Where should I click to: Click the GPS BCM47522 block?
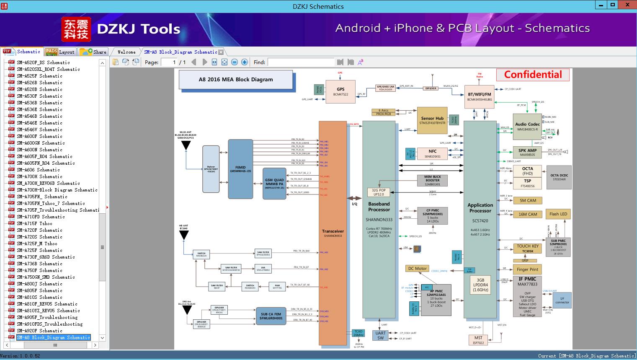tap(340, 91)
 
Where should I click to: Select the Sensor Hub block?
tap(432, 120)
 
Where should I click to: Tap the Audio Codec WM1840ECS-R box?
tap(527, 127)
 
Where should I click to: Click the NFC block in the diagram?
tap(432, 153)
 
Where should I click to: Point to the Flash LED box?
tap(558, 214)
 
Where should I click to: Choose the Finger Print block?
tap(527, 269)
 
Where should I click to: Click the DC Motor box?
tap(417, 269)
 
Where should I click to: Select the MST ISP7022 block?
tap(478, 340)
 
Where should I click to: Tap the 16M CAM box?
tap(528, 214)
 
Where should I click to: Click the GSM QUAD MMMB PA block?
tap(274, 184)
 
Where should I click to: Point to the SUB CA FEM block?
tap(271, 316)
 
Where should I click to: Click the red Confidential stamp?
tap(533, 75)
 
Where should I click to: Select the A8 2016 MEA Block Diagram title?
tap(236, 79)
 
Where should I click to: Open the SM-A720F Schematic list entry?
tap(39, 230)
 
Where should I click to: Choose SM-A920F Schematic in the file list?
tap(39, 331)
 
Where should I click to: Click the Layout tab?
tap(62, 52)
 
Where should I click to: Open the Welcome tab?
tap(126, 52)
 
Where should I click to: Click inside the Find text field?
tap(301, 62)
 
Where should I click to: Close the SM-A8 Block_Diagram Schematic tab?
tap(221, 52)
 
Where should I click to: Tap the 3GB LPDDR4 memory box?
tap(480, 285)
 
